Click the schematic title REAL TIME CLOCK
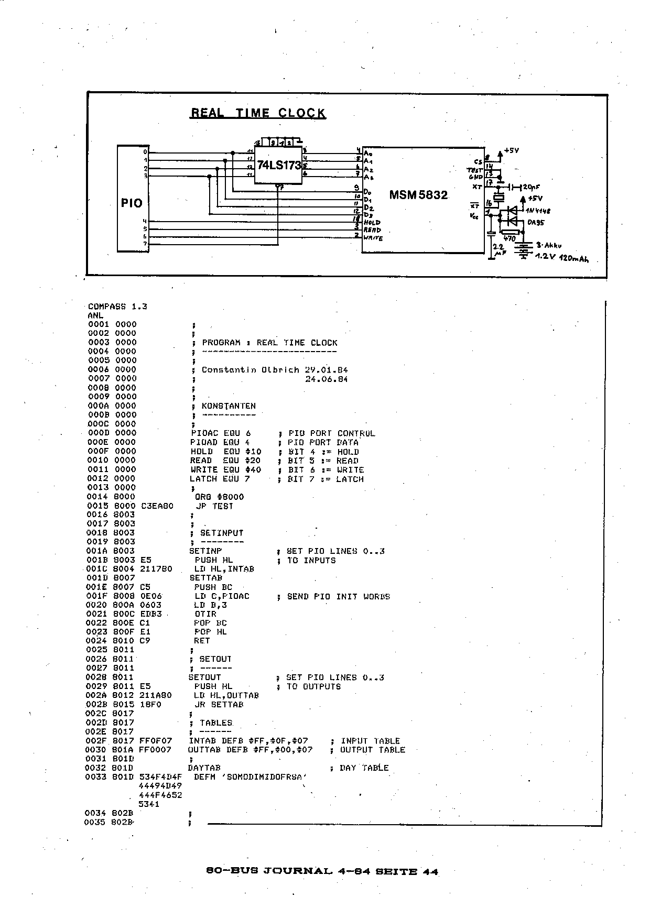258,113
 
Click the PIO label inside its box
132,203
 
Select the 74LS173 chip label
279,166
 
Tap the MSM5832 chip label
418,195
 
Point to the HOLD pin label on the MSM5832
372,223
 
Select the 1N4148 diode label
539,211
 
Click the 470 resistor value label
510,239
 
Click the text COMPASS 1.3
117,307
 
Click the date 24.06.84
326,379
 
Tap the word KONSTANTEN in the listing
229,406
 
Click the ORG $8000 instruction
219,497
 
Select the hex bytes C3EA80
157,506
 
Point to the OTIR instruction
205,614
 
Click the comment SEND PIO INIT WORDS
338,596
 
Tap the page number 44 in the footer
430,872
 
